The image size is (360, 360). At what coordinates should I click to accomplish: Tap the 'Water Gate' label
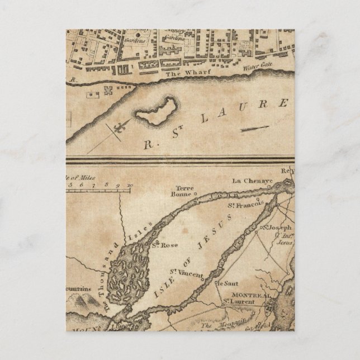click(257, 69)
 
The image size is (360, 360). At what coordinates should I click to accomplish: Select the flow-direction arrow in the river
click(255, 129)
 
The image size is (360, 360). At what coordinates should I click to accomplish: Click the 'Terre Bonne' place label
click(185, 191)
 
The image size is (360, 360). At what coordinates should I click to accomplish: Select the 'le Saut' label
click(225, 284)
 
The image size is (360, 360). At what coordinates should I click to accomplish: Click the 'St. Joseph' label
click(280, 228)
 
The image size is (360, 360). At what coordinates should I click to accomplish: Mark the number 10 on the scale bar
click(130, 183)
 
